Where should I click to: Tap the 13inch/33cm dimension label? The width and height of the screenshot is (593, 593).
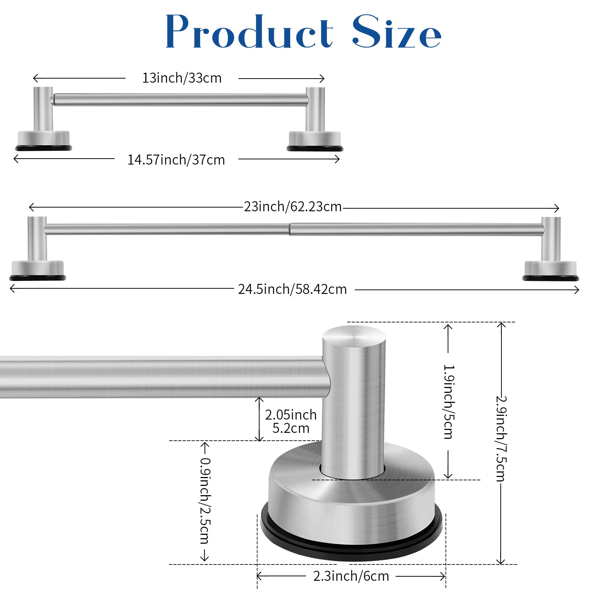[182, 78]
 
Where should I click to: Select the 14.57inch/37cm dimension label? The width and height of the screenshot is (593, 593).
[176, 160]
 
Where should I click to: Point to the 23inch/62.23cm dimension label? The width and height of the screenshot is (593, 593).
[293, 206]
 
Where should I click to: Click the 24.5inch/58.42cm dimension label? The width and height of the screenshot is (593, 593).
[292, 289]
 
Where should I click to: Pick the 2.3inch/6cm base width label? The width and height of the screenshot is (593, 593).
[351, 576]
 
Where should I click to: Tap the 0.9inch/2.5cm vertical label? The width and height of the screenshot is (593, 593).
[205, 500]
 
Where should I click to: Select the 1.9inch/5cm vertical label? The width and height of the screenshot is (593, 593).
[448, 402]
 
